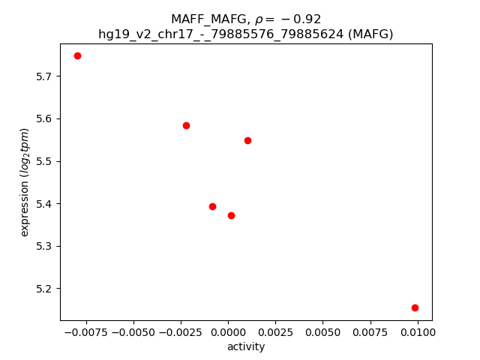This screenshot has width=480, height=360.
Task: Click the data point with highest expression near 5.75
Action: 77,55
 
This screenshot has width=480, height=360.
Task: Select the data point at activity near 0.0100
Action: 415,307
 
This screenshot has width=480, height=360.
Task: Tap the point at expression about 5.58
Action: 186,125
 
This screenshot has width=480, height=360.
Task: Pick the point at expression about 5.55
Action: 247,140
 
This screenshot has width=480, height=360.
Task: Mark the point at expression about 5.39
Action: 212,206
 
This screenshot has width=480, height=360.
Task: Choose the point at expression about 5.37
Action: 231,215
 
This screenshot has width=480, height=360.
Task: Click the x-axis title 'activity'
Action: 246,346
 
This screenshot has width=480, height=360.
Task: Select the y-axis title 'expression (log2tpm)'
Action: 25,182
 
